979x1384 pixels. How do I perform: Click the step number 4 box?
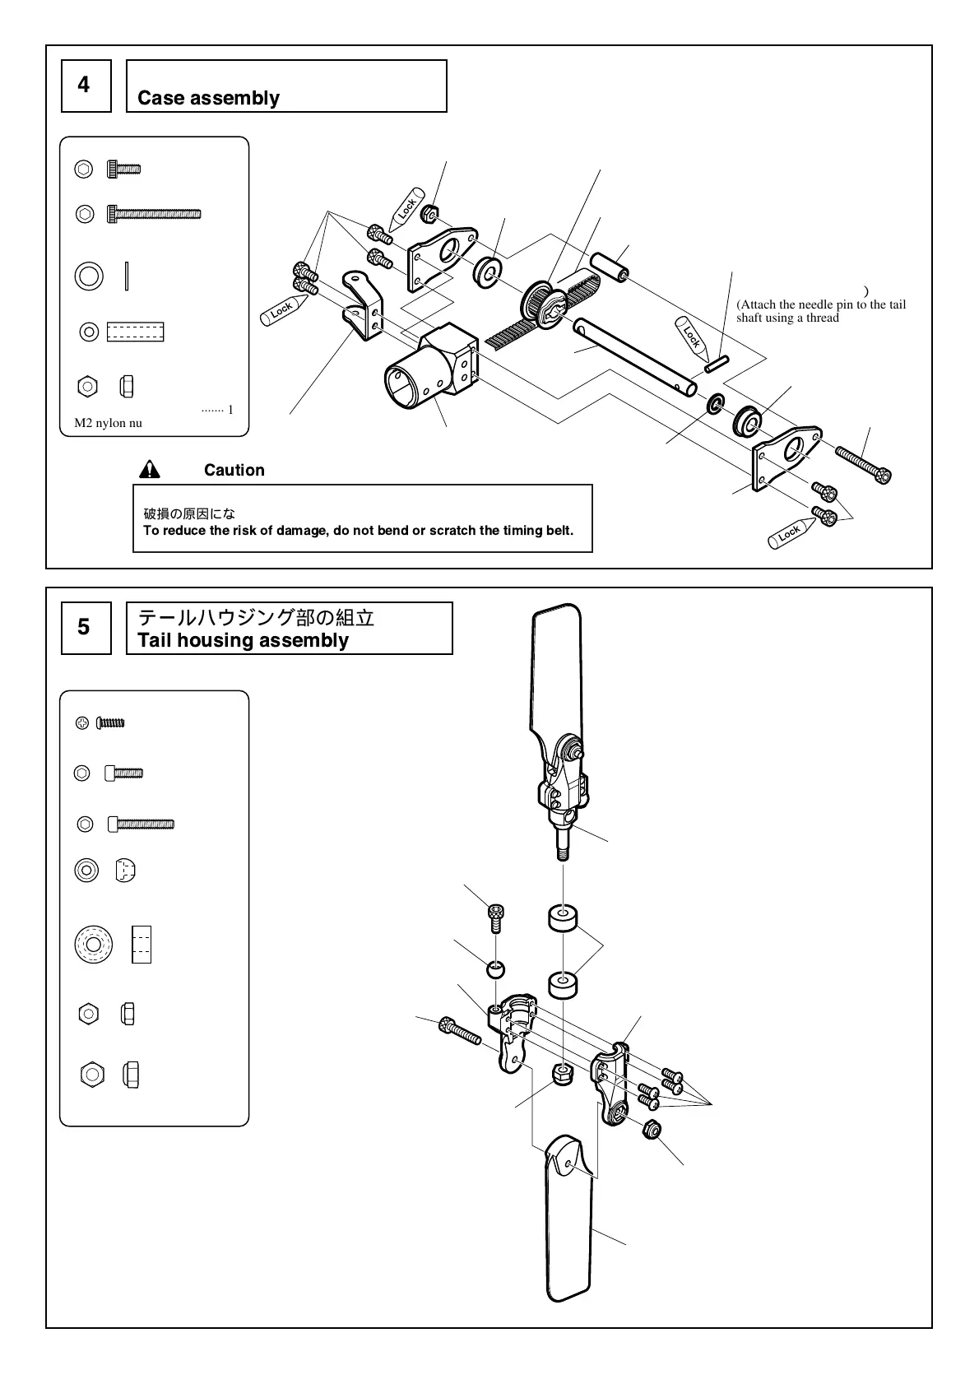click(x=86, y=86)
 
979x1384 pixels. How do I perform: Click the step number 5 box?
click(x=86, y=628)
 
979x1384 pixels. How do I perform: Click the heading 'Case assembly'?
click(x=208, y=98)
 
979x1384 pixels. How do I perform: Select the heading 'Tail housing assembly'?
click(x=243, y=640)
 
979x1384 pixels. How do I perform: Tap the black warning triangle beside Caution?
click(x=150, y=470)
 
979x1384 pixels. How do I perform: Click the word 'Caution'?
click(x=234, y=470)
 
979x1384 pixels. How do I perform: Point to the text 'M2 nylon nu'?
click(x=108, y=423)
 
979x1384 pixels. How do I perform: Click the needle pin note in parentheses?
click(x=820, y=310)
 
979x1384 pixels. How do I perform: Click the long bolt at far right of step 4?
click(x=863, y=465)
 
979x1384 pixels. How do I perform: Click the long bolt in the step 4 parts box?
click(x=154, y=215)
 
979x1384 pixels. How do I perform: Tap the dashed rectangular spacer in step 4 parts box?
click(x=135, y=332)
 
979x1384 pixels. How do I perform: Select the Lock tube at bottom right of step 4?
click(x=788, y=534)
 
